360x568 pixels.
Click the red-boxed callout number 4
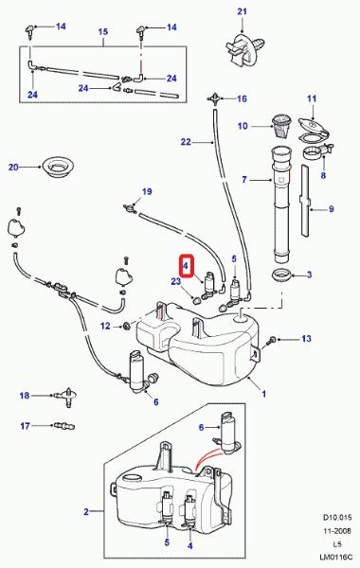click(186, 266)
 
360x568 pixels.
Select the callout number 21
click(243, 11)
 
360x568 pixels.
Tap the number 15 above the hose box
click(103, 31)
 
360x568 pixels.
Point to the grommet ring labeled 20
click(58, 167)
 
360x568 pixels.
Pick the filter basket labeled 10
click(281, 126)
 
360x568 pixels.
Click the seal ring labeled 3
click(282, 275)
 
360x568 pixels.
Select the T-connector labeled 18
click(66, 397)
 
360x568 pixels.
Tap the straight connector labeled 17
click(64, 425)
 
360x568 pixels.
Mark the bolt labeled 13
click(271, 340)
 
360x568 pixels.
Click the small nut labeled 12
click(127, 326)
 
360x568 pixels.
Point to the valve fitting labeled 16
click(215, 98)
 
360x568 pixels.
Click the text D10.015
click(337, 517)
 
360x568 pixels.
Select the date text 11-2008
click(337, 531)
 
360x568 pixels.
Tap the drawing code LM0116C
click(336, 559)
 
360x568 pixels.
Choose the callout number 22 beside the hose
click(186, 142)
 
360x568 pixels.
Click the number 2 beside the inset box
click(86, 511)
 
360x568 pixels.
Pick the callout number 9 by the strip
click(331, 209)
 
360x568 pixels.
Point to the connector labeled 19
click(129, 207)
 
